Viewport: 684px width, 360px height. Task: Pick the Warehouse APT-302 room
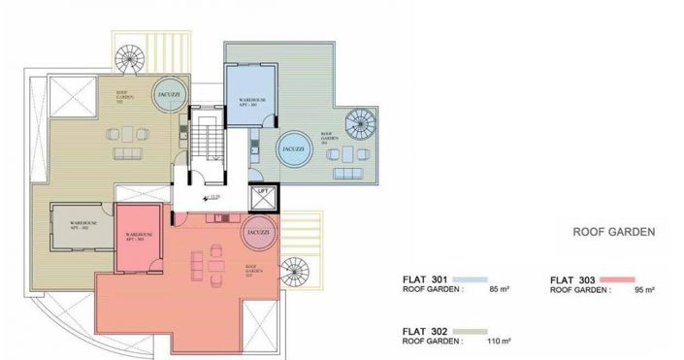tap(81, 228)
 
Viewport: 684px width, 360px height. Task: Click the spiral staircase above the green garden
tap(129, 58)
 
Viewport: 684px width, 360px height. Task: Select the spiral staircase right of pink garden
tap(293, 272)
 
